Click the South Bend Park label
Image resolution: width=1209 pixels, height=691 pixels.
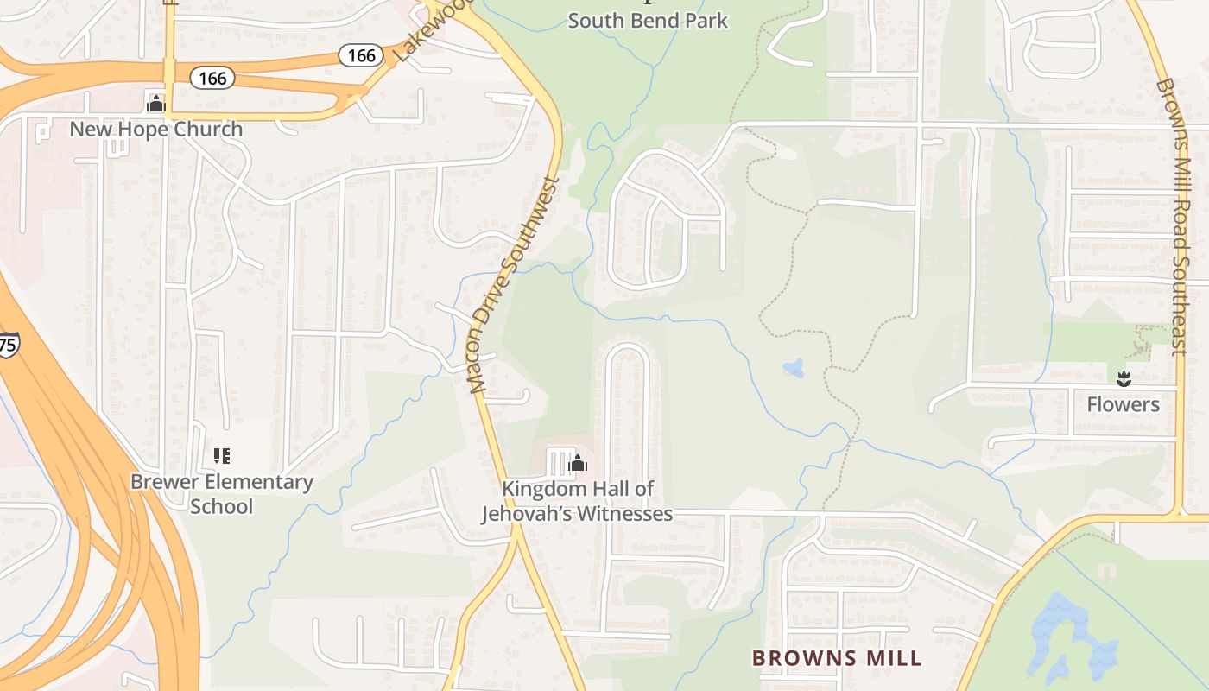click(x=648, y=20)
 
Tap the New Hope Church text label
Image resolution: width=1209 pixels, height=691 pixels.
click(x=156, y=130)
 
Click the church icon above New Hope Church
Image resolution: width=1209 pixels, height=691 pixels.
click(x=156, y=104)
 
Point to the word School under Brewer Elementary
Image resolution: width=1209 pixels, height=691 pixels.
click(x=222, y=506)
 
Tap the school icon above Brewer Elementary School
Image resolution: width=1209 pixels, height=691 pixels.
click(x=222, y=455)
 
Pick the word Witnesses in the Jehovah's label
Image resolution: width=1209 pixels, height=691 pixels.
click(x=624, y=514)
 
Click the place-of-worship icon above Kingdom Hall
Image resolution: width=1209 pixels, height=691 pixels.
click(x=578, y=465)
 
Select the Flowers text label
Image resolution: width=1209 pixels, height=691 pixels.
click(x=1123, y=404)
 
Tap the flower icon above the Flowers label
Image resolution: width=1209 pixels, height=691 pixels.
click(x=1123, y=378)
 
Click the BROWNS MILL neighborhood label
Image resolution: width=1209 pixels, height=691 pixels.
click(x=837, y=658)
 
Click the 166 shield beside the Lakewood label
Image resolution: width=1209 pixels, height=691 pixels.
click(x=361, y=56)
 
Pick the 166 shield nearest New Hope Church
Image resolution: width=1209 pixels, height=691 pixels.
click(x=212, y=79)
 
